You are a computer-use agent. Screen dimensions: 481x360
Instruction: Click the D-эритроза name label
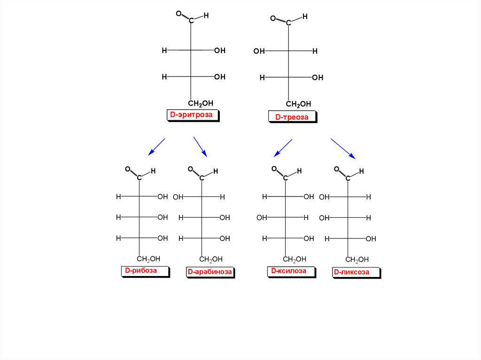coord(193,115)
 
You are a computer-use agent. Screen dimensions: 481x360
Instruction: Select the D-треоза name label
coord(292,117)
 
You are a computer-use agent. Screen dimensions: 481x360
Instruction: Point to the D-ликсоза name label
coord(351,272)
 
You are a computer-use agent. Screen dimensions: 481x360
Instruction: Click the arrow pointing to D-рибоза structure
coord(156,146)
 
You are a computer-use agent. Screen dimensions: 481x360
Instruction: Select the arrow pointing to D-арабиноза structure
coord(200,146)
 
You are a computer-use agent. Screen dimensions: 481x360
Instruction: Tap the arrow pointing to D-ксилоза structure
coord(283,147)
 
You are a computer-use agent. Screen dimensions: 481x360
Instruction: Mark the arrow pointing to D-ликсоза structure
coord(343,149)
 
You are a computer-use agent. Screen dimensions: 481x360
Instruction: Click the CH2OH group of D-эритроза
coord(201,103)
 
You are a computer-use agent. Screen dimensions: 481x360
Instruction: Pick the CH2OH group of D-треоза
coord(298,104)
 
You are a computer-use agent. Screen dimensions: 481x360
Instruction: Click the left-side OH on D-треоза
coord(259,51)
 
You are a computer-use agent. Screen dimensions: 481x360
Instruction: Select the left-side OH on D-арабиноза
coord(178,197)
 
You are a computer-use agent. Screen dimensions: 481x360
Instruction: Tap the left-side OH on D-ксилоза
coord(262,218)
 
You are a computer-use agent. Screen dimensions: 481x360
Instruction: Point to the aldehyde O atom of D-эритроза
coord(178,14)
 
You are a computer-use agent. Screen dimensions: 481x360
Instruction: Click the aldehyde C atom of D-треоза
coord(288,23)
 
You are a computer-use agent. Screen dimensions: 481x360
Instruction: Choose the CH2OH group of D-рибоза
coord(148,259)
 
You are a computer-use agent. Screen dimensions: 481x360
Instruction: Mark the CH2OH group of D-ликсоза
coord(357,260)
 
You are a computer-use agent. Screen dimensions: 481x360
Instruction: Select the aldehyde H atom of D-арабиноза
coord(216,171)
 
